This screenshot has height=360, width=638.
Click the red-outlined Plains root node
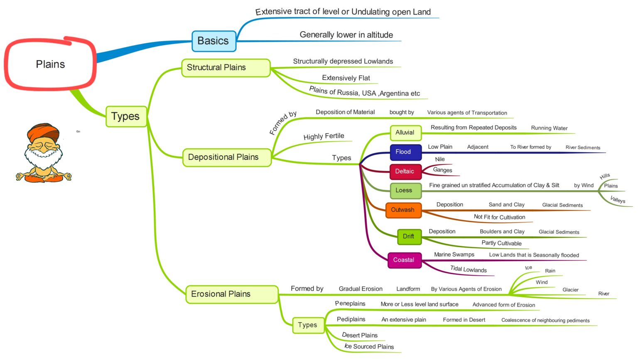point(50,64)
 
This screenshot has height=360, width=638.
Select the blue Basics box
point(213,41)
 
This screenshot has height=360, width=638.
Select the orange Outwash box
point(403,210)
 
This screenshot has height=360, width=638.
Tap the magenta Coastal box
point(404,260)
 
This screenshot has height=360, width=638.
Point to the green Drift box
point(409,236)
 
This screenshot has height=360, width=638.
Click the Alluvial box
point(405,133)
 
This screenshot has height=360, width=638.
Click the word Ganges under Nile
point(442,170)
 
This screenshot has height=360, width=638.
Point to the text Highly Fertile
point(324,136)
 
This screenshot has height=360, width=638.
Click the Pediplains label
point(351,319)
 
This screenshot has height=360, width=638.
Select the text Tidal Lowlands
point(469,269)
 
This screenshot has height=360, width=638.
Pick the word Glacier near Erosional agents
point(570,290)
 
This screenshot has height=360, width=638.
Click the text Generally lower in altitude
point(346,35)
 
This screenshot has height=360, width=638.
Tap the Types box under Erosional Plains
point(307,325)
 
